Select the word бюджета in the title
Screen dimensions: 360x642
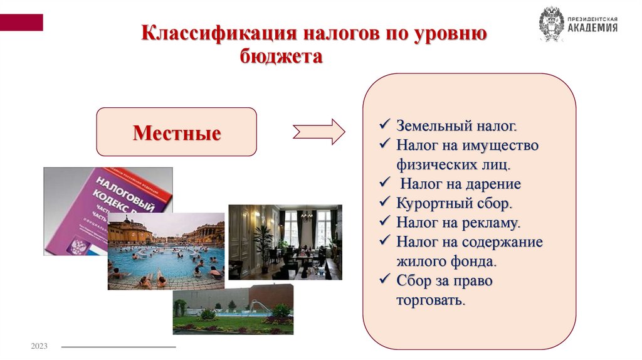pyautogui.click(x=282, y=57)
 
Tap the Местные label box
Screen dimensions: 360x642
pyautogui.click(x=176, y=132)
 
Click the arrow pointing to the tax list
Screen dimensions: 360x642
pyautogui.click(x=318, y=132)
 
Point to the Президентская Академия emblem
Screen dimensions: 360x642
pyautogui.click(x=551, y=24)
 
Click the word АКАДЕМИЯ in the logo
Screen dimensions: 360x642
pyautogui.click(x=592, y=28)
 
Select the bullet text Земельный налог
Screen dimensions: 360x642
pyautogui.click(x=456, y=125)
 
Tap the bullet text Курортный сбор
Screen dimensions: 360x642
pyautogui.click(x=455, y=203)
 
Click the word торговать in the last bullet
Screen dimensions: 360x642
pyautogui.click(x=431, y=300)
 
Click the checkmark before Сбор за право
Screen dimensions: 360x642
pyautogui.click(x=385, y=280)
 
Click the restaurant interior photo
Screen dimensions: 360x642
pyautogui.click(x=285, y=241)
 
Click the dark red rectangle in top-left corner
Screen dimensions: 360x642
pyautogui.click(x=21, y=23)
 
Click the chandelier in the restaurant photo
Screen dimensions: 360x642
pyautogui.click(x=307, y=215)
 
